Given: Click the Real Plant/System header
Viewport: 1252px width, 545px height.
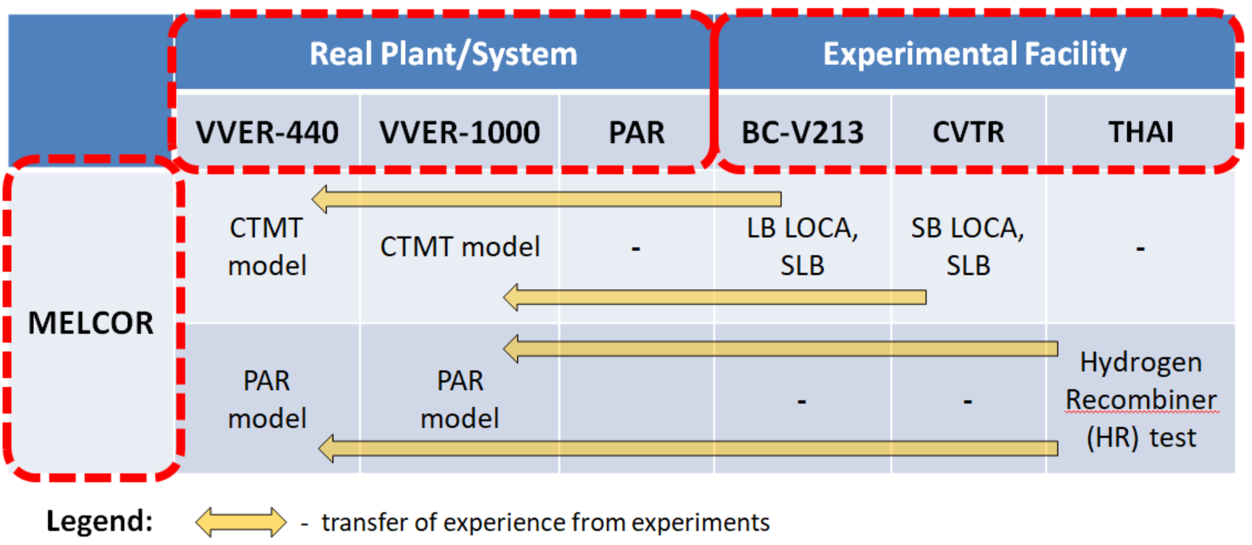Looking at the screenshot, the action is click(443, 54).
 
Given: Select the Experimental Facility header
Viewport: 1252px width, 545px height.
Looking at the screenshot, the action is click(975, 54).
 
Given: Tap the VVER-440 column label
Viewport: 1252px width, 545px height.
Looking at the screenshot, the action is click(267, 133).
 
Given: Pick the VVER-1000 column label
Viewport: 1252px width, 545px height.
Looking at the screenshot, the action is click(460, 133).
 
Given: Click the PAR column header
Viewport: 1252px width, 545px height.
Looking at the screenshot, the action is click(637, 133).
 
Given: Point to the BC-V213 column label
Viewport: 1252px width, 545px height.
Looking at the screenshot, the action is click(802, 133).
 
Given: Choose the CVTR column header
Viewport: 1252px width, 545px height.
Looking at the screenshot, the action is click(968, 133).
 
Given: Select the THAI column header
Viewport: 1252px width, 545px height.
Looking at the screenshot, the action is click(1141, 133).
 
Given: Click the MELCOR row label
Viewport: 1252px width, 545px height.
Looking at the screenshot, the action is click(91, 323).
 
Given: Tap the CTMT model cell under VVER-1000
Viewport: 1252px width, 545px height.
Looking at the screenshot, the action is click(460, 247).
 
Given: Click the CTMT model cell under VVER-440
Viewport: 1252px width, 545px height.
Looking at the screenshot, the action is click(267, 247).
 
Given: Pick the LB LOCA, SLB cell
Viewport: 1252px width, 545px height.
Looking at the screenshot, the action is click(802, 247).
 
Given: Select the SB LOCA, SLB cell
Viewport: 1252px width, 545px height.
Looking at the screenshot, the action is click(968, 247).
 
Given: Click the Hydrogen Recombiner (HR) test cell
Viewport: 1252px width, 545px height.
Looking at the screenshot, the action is click(1141, 400).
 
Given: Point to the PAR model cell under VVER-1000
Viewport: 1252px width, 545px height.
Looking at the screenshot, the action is click(460, 400).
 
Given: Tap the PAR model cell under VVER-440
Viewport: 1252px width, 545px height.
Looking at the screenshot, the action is click(267, 400).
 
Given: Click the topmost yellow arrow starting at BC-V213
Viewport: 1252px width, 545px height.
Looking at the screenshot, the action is click(547, 199).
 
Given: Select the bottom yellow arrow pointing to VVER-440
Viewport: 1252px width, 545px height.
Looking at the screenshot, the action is click(688, 448).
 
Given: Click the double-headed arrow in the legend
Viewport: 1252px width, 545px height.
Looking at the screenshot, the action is click(241, 522).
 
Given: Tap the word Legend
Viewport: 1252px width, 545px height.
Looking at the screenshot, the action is click(100, 521).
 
